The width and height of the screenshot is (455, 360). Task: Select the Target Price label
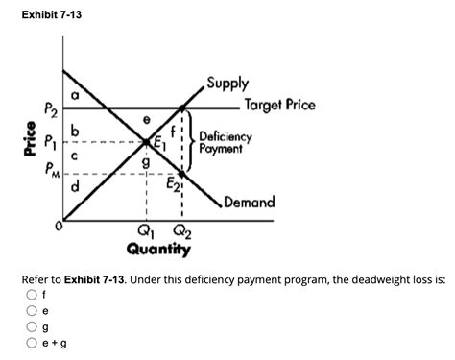(279, 105)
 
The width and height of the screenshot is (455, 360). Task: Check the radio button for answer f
(34, 295)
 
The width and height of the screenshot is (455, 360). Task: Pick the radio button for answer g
(34, 327)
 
